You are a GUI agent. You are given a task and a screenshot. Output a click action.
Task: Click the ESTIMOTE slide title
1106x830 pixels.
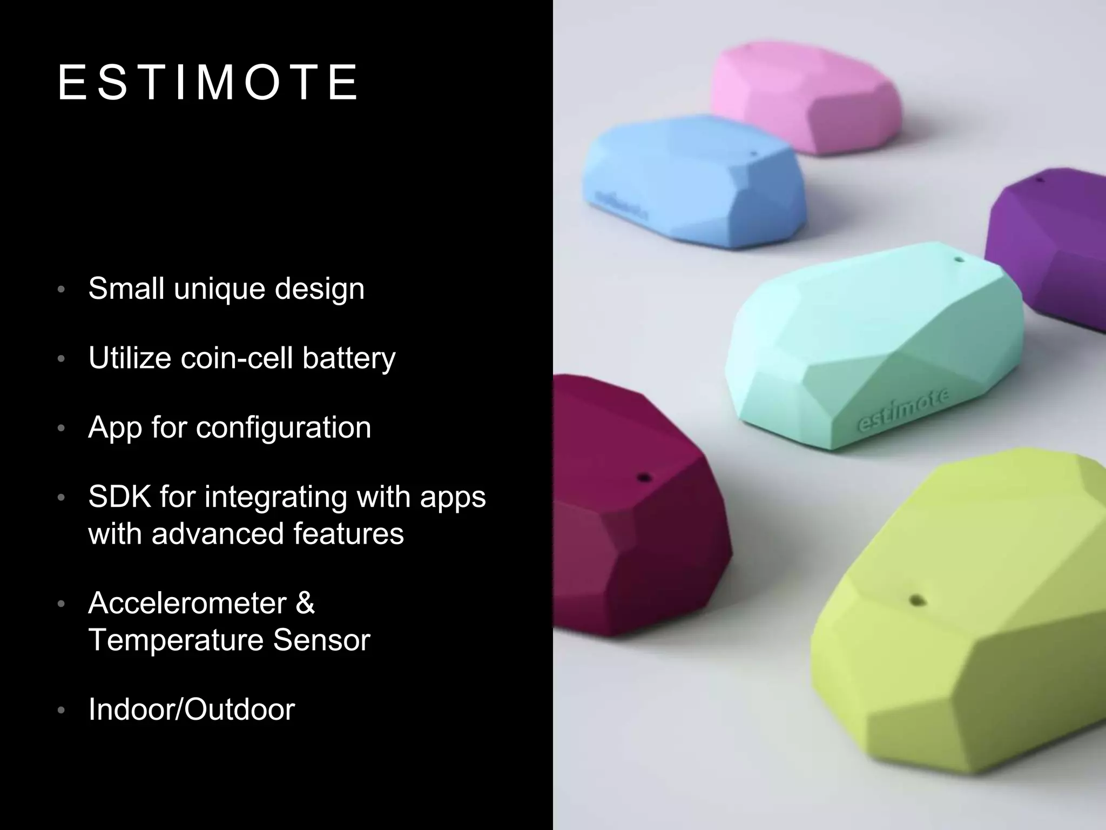(x=207, y=83)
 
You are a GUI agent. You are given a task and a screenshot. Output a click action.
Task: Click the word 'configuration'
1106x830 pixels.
(x=283, y=427)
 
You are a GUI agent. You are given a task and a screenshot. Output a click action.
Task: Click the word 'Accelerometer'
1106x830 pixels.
(x=187, y=603)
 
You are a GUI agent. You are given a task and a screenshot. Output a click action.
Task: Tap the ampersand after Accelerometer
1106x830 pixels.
(x=305, y=603)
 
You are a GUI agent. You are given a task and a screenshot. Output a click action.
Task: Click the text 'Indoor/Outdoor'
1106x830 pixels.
(x=191, y=709)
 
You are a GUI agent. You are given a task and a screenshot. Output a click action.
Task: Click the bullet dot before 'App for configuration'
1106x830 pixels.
(x=61, y=429)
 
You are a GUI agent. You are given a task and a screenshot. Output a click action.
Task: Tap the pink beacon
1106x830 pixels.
(x=805, y=100)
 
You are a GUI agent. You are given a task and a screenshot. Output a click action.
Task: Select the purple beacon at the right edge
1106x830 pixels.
(x=1048, y=243)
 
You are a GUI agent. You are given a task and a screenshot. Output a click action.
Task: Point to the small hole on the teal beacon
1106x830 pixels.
(x=959, y=260)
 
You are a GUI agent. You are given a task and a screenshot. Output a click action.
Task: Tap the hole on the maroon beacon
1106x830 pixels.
(x=644, y=478)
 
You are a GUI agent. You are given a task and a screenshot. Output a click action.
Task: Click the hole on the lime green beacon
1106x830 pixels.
(x=916, y=600)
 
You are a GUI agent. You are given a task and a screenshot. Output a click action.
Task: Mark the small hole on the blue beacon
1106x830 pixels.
(x=755, y=154)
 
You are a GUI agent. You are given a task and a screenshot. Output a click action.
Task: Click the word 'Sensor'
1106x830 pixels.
(x=321, y=640)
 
